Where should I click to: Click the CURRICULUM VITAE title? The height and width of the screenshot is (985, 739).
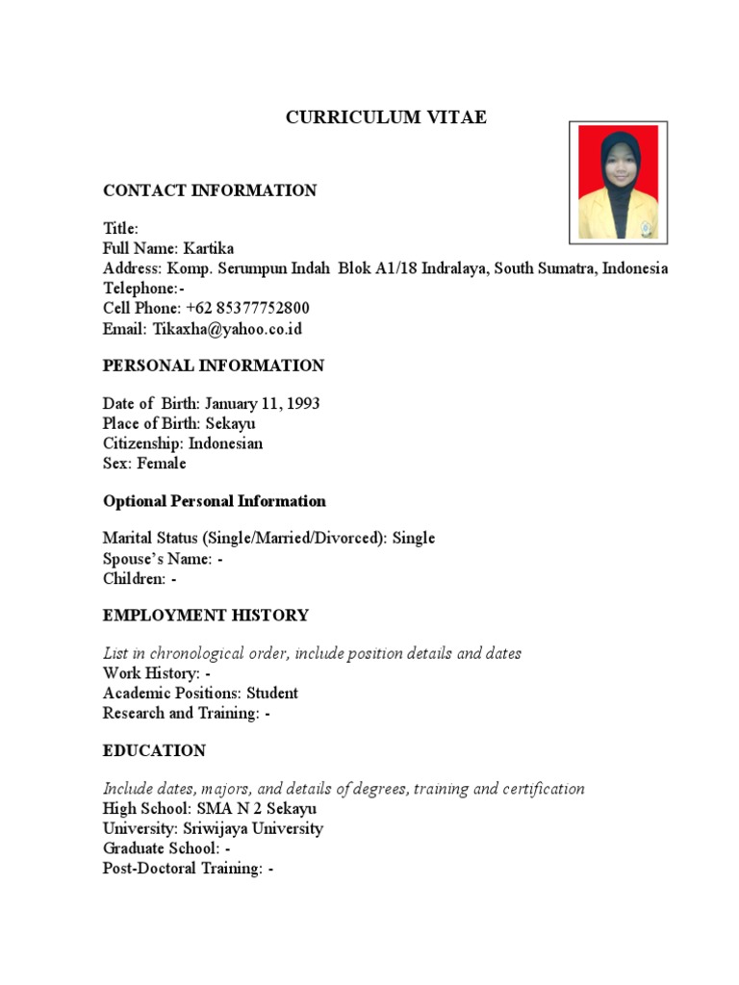pyautogui.click(x=387, y=118)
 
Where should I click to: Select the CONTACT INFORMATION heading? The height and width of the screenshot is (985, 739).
pyautogui.click(x=210, y=190)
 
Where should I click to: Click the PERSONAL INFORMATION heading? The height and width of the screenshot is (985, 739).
pyautogui.click(x=214, y=366)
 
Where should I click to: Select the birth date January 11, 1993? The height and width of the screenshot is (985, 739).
pyautogui.click(x=262, y=404)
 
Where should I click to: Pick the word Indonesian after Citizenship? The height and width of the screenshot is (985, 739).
pyautogui.click(x=225, y=443)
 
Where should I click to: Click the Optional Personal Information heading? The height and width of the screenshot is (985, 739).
pyautogui.click(x=215, y=501)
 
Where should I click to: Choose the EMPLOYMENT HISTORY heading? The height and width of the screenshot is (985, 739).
pyautogui.click(x=206, y=616)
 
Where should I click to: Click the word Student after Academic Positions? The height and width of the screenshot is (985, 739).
pyautogui.click(x=272, y=693)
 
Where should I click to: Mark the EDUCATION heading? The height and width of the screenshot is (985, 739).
pyautogui.click(x=154, y=750)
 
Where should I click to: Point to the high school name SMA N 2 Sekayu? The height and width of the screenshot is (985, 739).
pyautogui.click(x=255, y=809)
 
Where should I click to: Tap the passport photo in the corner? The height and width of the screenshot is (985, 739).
pyautogui.click(x=618, y=183)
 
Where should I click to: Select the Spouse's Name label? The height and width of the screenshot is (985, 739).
pyautogui.click(x=157, y=559)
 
